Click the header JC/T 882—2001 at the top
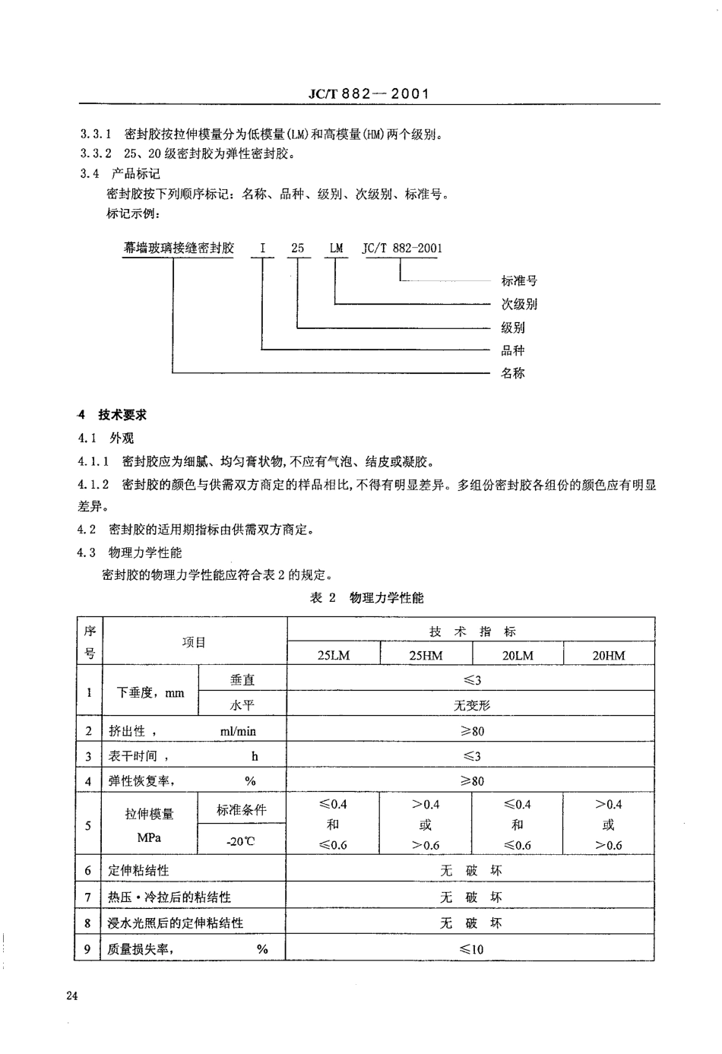click(369, 93)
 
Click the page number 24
click(73, 996)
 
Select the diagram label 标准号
click(519, 280)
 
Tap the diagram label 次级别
click(519, 304)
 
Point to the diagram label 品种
click(513, 350)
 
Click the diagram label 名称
click(513, 373)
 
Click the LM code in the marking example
click(336, 248)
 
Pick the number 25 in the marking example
click(298, 248)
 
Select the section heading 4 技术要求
click(114, 415)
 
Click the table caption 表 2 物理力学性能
click(367, 598)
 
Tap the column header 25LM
click(333, 655)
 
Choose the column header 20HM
click(609, 655)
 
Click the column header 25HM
click(426, 655)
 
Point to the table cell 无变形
click(472, 705)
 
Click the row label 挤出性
click(127, 731)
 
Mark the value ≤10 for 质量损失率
click(471, 949)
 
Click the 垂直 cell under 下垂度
click(242, 680)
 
